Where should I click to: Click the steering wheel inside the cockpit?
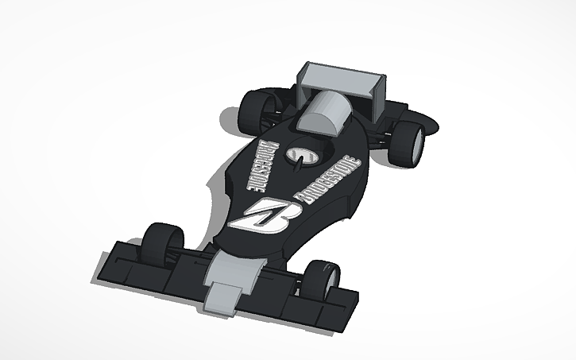[303, 154]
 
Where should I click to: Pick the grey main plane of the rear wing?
[338, 79]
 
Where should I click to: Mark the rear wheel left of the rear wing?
[255, 111]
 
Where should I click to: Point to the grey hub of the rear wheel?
[416, 145]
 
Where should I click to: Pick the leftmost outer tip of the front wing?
[104, 262]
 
